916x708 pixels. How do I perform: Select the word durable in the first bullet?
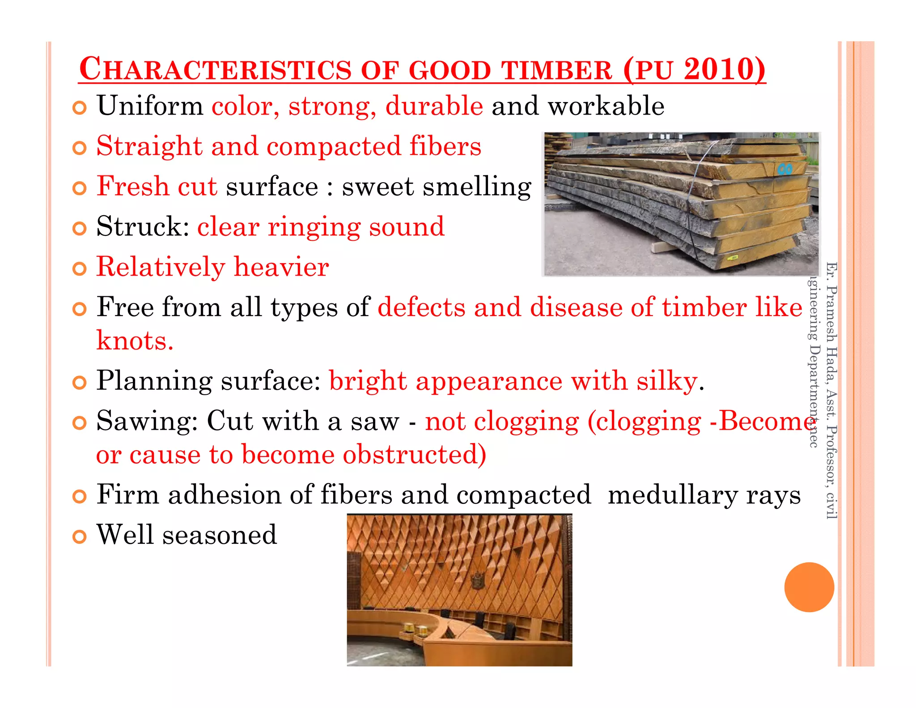434,106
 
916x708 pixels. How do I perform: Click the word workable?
606,106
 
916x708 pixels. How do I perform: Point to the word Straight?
149,146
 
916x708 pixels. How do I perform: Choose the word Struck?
142,227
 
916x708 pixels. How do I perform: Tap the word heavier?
281,267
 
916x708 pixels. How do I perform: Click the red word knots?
134,341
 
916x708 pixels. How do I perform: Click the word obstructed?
414,455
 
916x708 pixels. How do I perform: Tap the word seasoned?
219,535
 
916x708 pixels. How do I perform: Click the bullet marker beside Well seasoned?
79,537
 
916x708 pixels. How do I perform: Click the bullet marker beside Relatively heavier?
79,269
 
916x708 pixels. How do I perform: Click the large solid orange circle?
809,587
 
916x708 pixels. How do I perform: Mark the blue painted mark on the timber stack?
785,169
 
